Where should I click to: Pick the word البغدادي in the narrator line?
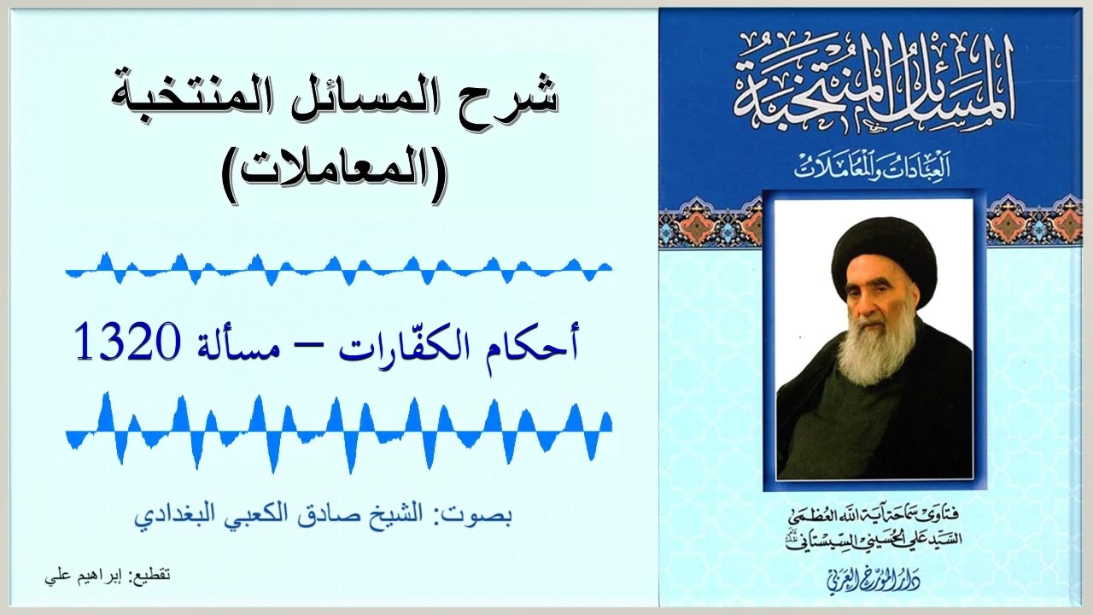pos(166,518)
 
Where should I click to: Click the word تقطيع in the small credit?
pos(151,577)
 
